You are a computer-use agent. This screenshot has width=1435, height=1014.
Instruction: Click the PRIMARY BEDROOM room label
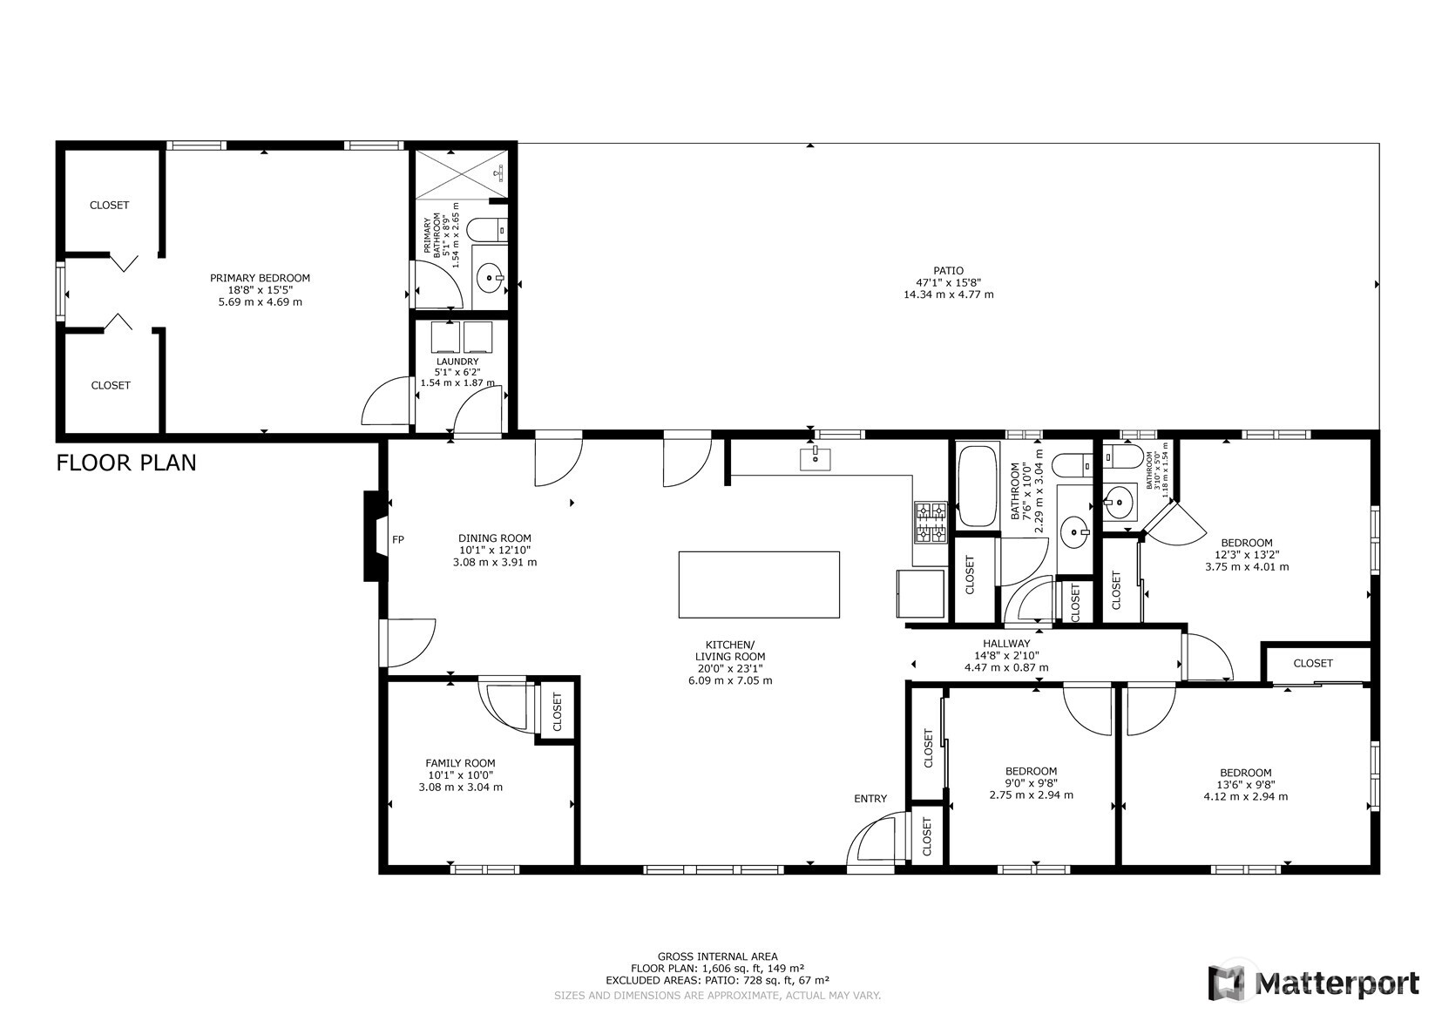click(x=260, y=278)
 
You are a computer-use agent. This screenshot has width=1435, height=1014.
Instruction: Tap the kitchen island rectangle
click(x=759, y=584)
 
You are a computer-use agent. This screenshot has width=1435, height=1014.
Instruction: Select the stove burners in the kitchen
click(x=930, y=523)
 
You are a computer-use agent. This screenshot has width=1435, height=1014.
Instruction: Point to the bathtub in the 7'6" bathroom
click(x=978, y=486)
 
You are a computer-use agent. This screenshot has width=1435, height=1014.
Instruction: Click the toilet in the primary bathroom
click(x=485, y=230)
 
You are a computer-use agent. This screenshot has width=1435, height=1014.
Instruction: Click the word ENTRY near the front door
click(x=870, y=799)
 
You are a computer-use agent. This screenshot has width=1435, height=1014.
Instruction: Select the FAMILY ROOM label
click(x=460, y=762)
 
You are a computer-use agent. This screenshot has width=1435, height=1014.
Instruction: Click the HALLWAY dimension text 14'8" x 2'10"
click(x=1006, y=656)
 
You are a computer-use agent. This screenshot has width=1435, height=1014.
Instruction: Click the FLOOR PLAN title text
click(x=126, y=463)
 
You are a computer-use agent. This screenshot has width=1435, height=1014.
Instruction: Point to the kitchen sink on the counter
click(x=816, y=458)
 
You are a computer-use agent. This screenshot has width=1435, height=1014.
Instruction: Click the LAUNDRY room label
click(x=457, y=362)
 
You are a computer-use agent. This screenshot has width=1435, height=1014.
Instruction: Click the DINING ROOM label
click(x=495, y=538)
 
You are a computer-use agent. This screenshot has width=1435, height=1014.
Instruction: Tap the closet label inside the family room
click(x=558, y=712)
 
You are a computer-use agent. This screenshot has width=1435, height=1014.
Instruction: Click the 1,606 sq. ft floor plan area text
click(x=716, y=968)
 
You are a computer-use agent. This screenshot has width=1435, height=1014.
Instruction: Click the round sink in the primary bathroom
click(x=491, y=280)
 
